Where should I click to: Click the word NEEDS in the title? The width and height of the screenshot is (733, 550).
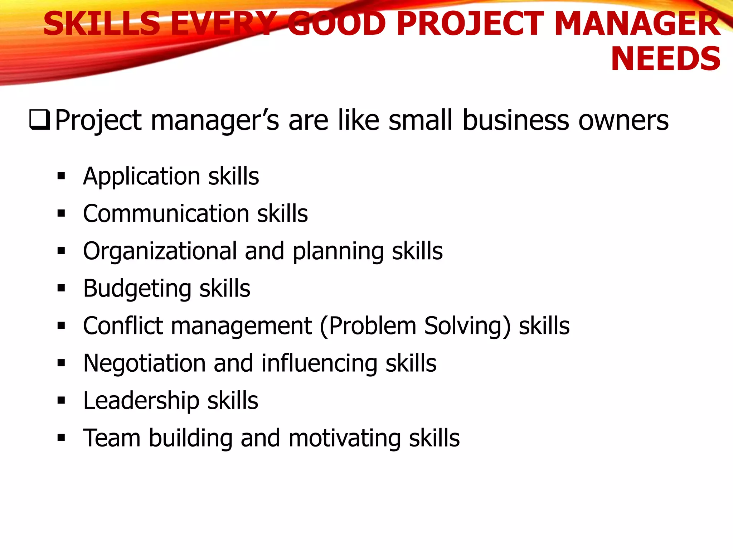point(665,59)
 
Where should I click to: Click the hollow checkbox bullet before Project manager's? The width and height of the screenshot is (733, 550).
point(39,120)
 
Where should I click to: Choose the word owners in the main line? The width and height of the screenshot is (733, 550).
point(623,120)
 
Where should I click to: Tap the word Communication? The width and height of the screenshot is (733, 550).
point(166,214)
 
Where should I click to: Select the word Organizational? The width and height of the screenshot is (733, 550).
point(160,251)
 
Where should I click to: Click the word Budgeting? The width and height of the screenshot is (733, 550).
point(137,289)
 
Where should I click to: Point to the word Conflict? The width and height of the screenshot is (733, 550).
point(123,326)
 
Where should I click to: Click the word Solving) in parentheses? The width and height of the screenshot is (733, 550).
point(467,327)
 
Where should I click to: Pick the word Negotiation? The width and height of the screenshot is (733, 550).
point(144,364)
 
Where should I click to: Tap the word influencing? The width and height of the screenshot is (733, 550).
point(319,364)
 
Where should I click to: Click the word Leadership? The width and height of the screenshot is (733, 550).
point(141,401)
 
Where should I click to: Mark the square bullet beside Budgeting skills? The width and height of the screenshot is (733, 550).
point(61,288)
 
